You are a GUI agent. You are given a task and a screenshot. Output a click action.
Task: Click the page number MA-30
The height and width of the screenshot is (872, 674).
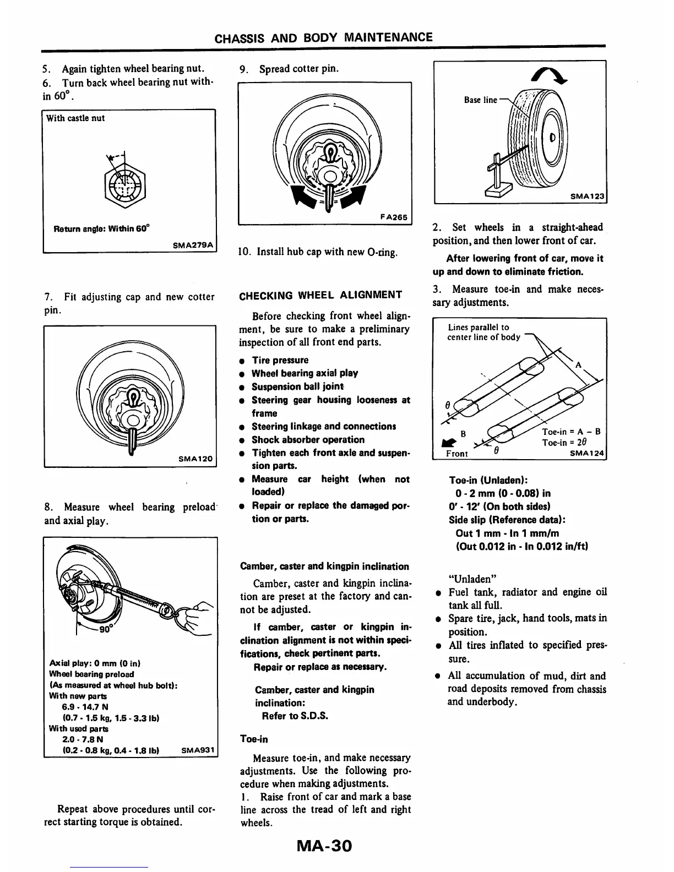coord(324,845)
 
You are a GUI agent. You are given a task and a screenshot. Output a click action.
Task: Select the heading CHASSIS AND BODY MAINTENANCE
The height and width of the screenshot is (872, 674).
coord(324,37)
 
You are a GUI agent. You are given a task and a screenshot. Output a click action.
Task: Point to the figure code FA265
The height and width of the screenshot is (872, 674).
coord(394,217)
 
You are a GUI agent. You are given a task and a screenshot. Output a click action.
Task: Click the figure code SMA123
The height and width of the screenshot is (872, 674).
coord(588,196)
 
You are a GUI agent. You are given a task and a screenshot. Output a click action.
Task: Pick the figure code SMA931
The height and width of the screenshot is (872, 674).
coord(199,750)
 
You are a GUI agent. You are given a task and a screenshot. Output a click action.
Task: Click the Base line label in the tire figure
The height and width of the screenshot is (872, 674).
coord(480,100)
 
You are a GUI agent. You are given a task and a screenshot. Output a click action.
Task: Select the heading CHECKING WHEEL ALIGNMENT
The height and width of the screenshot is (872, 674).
coord(320,295)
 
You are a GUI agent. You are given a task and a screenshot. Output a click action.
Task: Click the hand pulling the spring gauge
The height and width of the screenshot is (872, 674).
coord(194,615)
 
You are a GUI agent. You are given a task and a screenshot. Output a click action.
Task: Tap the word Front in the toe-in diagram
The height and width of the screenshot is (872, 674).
coord(457,454)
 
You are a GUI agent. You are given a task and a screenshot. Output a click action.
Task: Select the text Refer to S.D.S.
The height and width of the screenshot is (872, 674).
coord(295,716)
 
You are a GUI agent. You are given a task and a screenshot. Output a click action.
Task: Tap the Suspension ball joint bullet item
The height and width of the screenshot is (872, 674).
coord(298,386)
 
